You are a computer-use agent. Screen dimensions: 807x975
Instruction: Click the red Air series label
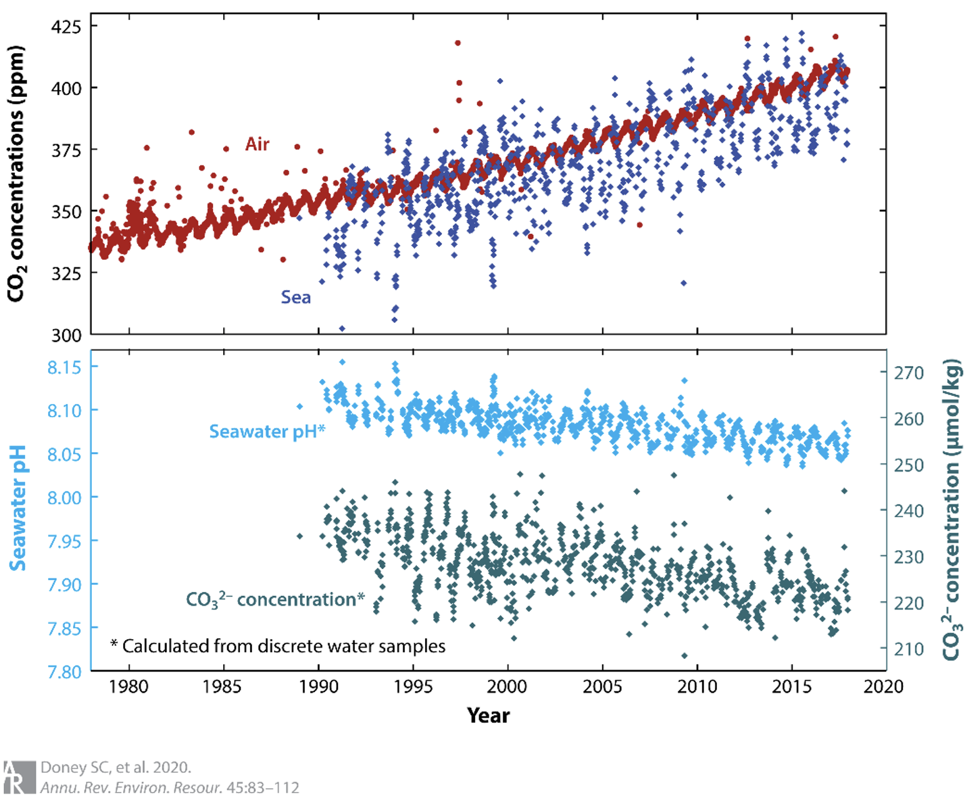[257, 144]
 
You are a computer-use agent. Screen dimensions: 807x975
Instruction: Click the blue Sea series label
[296, 297]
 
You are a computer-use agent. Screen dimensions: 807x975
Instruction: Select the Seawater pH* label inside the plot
[267, 431]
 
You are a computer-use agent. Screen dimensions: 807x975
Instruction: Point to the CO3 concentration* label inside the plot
[275, 600]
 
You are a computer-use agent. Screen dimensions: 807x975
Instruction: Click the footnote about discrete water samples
[278, 646]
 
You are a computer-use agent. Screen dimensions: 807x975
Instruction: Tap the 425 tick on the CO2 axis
[67, 27]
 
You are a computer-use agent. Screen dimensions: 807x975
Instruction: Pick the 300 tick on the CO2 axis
[67, 335]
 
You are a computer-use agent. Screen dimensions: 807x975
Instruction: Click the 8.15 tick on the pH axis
[64, 367]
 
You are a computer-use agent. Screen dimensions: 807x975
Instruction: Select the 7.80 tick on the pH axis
[64, 672]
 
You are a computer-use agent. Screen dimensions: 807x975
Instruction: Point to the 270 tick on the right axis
[908, 373]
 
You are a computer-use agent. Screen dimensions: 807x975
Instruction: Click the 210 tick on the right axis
[908, 650]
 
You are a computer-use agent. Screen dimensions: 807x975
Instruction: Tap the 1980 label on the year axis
[129, 687]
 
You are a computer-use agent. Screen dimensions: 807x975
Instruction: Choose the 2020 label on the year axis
[883, 687]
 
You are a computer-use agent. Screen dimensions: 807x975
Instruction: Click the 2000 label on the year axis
[507, 687]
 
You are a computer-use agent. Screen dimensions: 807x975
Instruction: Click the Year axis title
[488, 715]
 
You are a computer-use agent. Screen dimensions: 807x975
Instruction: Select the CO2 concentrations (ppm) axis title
[16, 174]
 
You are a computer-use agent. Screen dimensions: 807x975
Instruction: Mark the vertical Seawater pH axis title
[18, 508]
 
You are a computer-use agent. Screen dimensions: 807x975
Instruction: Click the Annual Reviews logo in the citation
[19, 777]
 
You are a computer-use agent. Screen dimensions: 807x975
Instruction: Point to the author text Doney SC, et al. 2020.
[116, 767]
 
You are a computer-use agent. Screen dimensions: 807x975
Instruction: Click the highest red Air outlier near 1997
[457, 43]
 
